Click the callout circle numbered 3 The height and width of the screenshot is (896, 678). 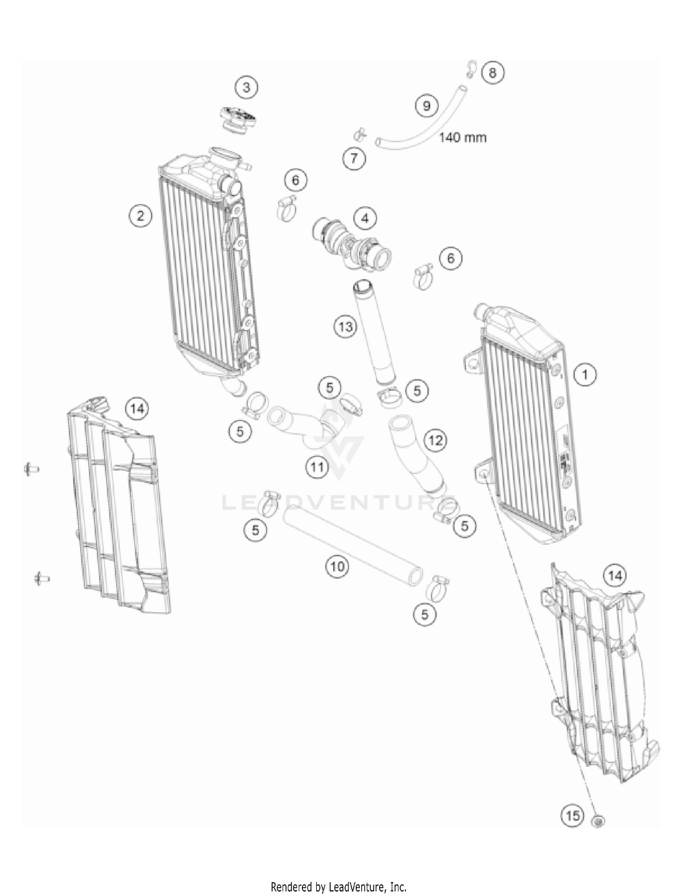[x=246, y=87]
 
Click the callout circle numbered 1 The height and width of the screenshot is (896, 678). [x=585, y=375]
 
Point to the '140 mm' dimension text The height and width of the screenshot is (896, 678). [x=463, y=137]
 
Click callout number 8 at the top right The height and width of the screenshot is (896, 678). [x=493, y=73]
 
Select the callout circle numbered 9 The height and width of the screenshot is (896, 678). [x=427, y=106]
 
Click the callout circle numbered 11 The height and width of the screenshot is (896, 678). [x=317, y=467]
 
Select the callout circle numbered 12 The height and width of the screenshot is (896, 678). [x=436, y=440]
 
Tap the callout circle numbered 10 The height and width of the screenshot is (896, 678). [x=338, y=566]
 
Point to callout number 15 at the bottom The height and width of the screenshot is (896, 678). [x=573, y=816]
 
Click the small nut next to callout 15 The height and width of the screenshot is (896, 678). [x=598, y=821]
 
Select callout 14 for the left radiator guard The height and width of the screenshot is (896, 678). [x=137, y=409]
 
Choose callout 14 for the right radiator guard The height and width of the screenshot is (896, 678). [x=615, y=576]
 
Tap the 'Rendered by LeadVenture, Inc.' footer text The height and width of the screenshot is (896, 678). [x=339, y=887]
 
